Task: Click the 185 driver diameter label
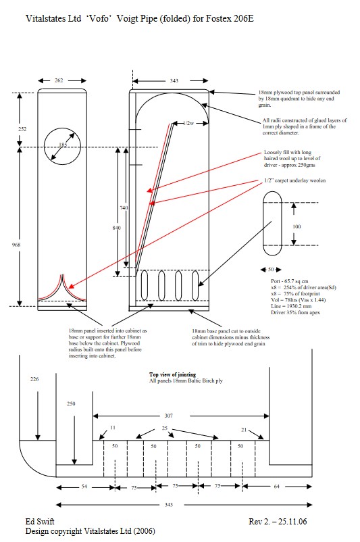tap(63, 145)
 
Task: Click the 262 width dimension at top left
tap(59, 80)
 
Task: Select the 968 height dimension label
tap(16, 245)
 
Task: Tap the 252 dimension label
tap(22, 129)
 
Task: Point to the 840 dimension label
tap(117, 228)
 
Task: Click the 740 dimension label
tap(124, 207)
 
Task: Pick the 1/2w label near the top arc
tap(188, 123)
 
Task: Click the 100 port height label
tap(297, 227)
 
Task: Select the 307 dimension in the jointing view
tap(168, 416)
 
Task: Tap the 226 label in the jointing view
tap(34, 379)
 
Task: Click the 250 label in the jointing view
tap(71, 403)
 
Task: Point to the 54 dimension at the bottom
tap(84, 487)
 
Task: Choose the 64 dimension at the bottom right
tap(276, 487)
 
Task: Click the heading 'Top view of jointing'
tap(172, 374)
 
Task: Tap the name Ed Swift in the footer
tap(40, 522)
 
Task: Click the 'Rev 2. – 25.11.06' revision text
tap(278, 522)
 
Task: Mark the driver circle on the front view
tap(45, 146)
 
